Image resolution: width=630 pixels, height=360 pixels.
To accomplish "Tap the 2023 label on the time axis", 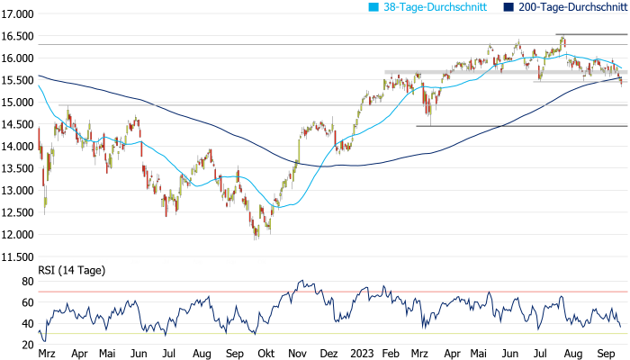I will coord(362,354).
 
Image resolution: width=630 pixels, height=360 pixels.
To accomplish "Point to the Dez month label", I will coord(329,354).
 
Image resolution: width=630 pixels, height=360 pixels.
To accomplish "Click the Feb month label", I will coord(392,354).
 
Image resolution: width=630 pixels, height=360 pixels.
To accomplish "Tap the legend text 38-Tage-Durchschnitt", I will coord(436,7).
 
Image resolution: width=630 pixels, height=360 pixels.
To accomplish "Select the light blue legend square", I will coord(376,7).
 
